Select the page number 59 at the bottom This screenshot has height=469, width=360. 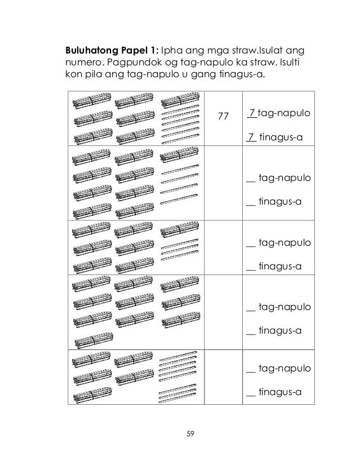[189, 433]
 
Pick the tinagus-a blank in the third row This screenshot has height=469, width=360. [251, 265]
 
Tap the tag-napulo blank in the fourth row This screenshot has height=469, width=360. [251, 307]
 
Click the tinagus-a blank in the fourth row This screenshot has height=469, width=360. [251, 330]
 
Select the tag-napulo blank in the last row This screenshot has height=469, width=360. [251, 371]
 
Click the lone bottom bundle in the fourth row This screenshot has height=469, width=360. [90, 340]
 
